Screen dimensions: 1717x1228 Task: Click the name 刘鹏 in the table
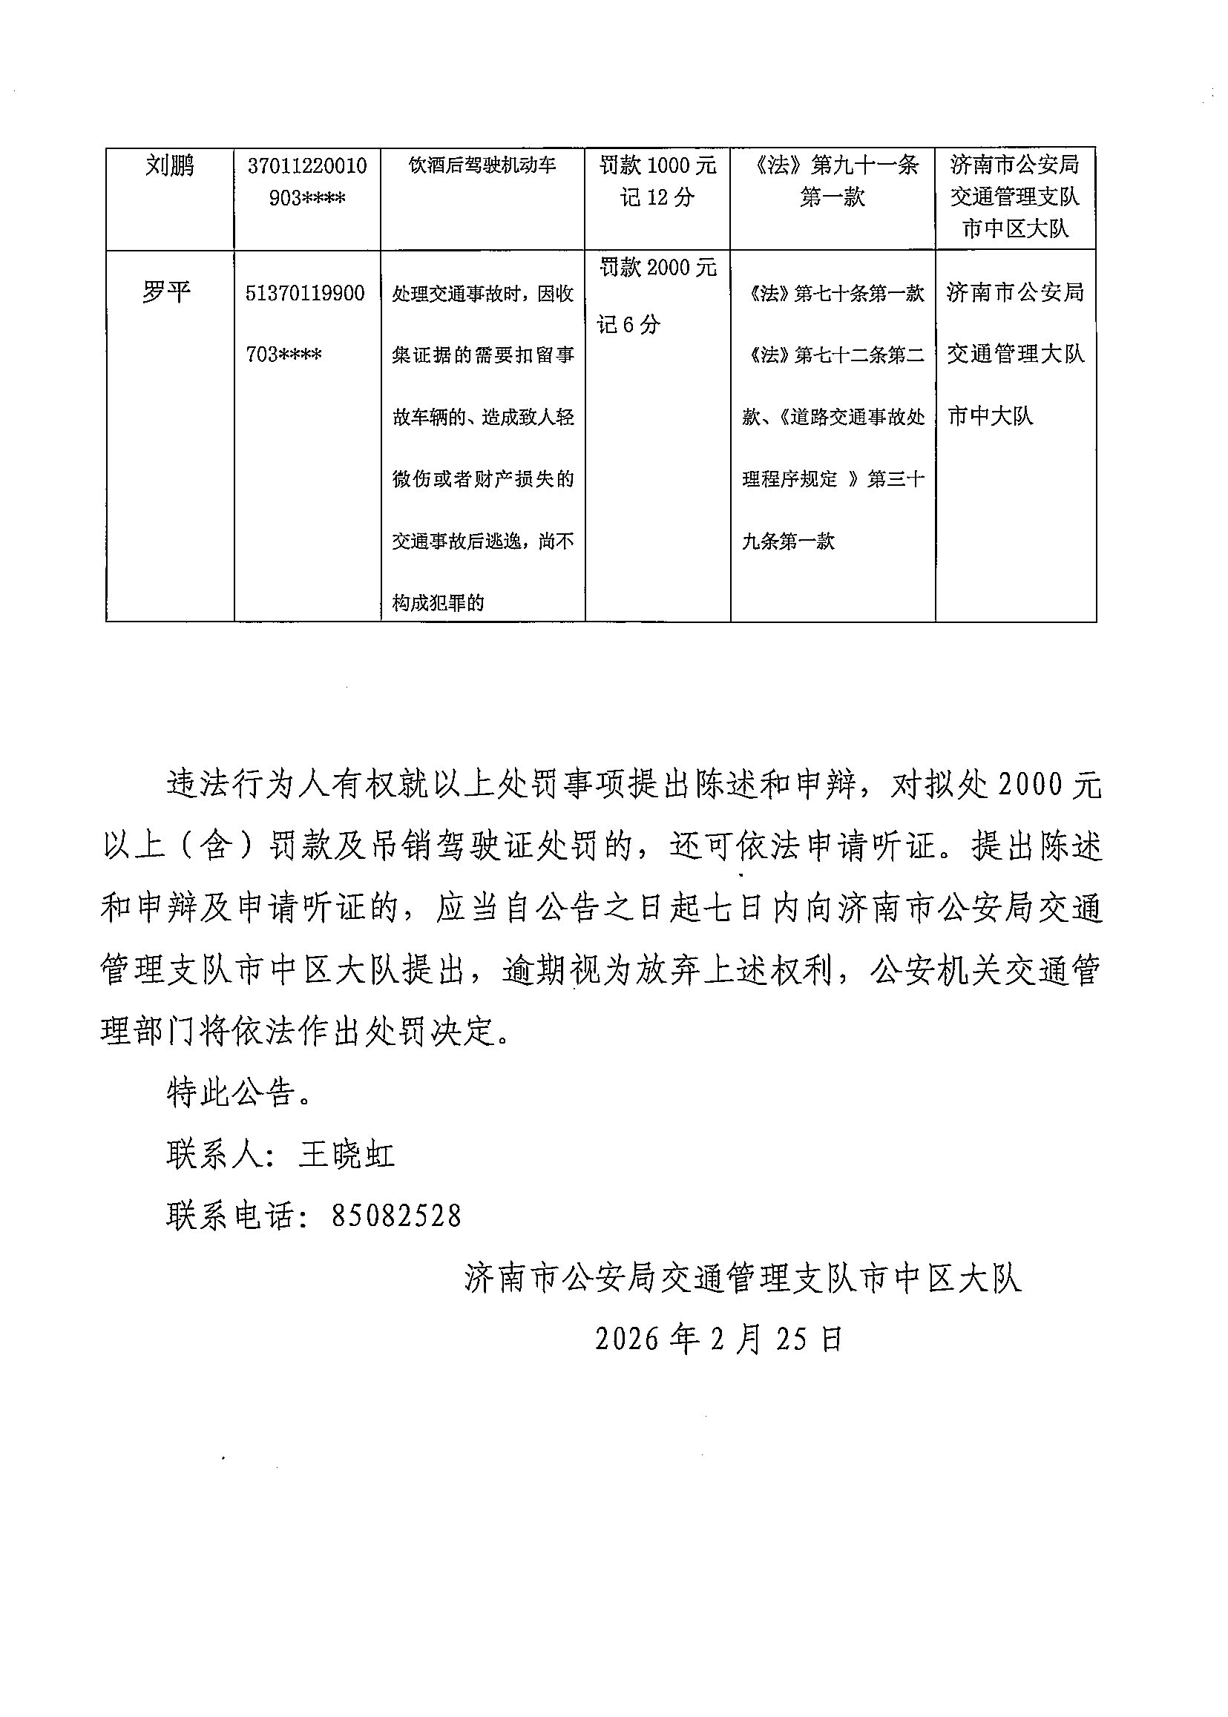[x=169, y=165]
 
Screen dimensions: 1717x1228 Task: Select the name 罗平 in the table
[x=165, y=291]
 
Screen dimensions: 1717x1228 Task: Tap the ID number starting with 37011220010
[x=307, y=182]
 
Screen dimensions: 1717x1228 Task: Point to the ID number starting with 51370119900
[x=305, y=323]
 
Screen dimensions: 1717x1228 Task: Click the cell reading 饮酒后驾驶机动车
[x=482, y=165]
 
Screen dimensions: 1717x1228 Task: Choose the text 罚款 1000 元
[x=657, y=165]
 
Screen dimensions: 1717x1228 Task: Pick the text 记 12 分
[x=657, y=197]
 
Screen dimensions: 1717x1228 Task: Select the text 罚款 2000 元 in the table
[x=657, y=267]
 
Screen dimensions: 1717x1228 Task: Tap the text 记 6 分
[x=628, y=324]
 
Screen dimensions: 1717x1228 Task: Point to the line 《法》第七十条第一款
[x=833, y=292]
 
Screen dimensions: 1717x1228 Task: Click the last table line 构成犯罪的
[x=438, y=602]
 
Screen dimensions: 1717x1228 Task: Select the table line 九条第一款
[x=788, y=541]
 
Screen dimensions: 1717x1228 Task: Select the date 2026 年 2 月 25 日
[x=718, y=1339]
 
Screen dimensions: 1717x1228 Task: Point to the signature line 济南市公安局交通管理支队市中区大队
[x=743, y=1278]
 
